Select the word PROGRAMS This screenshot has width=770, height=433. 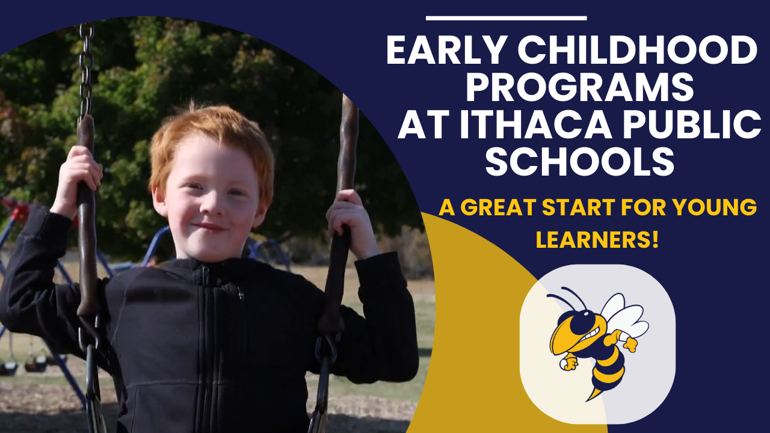click(x=580, y=87)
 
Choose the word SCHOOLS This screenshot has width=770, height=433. click(x=580, y=160)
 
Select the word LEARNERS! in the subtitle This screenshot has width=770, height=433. click(x=597, y=240)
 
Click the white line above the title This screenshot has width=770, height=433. click(x=506, y=18)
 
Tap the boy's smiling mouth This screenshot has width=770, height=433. click(x=211, y=229)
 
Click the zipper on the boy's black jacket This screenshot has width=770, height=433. click(x=208, y=337)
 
